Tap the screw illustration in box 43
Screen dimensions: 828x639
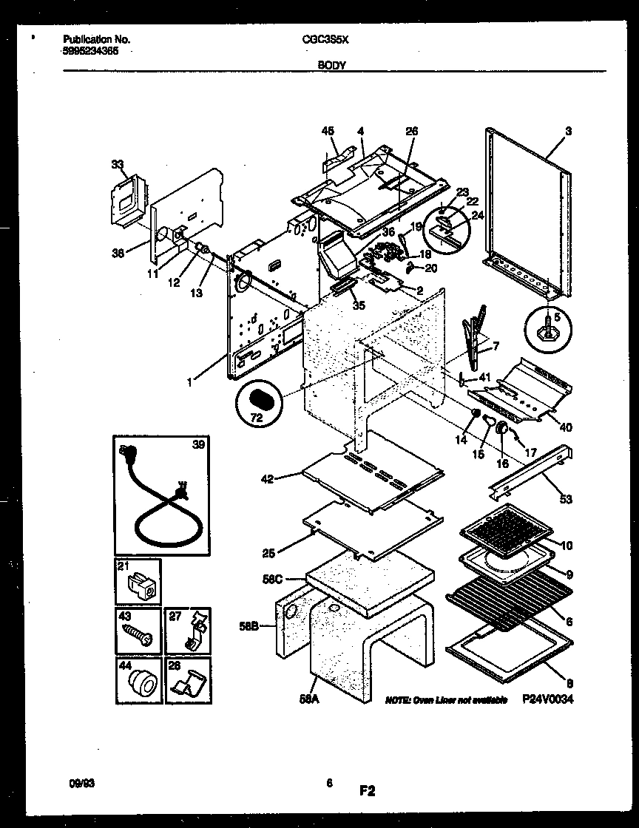(x=138, y=633)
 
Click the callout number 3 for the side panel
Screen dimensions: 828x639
(x=568, y=131)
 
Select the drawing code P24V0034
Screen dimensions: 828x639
(x=548, y=699)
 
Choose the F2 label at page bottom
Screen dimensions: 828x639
(x=368, y=792)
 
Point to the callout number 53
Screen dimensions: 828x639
(x=566, y=500)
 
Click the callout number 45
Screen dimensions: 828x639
(x=328, y=131)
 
